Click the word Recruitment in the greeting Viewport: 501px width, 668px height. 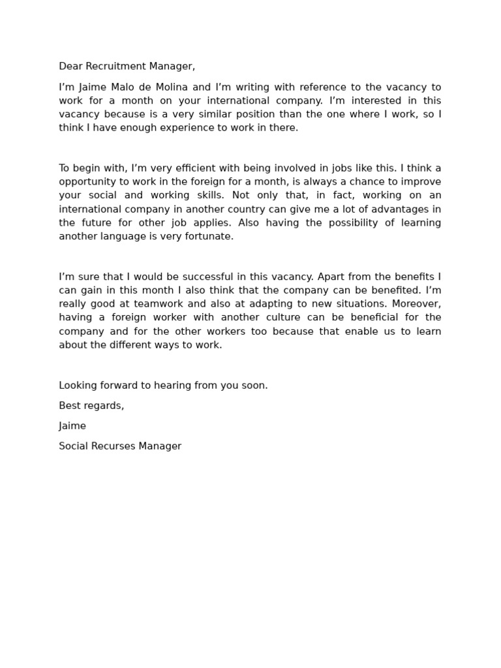pos(114,67)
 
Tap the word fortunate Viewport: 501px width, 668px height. pos(204,236)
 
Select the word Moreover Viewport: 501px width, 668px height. pos(418,304)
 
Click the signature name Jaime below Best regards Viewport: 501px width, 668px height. pos(72,426)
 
